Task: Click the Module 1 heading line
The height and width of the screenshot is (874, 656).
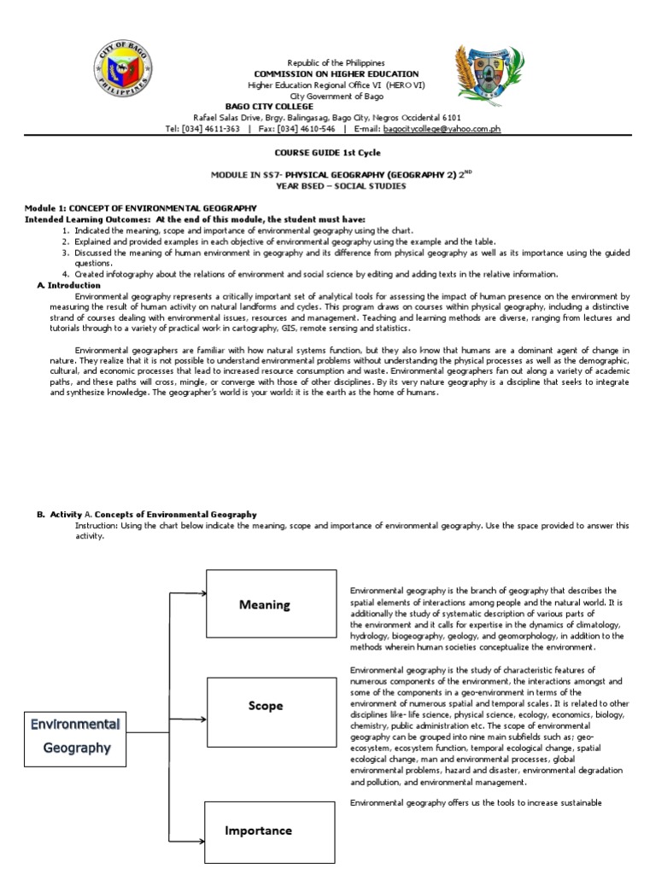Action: point(140,208)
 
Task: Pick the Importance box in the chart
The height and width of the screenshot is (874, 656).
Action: point(257,830)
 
